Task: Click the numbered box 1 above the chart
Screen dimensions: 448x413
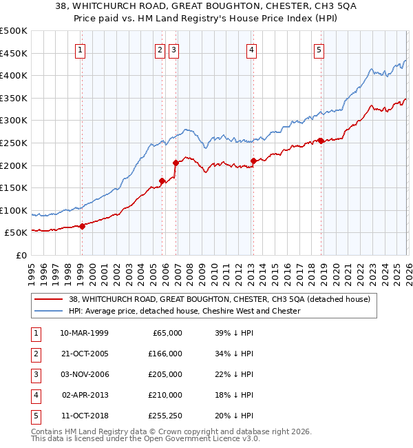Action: tap(81, 50)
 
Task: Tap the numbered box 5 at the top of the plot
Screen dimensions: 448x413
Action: tap(319, 50)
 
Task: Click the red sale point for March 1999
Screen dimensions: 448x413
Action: tap(82, 226)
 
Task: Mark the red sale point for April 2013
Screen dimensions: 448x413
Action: tap(253, 161)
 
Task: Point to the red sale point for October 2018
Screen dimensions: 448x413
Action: tap(321, 141)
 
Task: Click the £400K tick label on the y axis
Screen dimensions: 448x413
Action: tap(14, 76)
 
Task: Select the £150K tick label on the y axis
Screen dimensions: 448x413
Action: tap(14, 187)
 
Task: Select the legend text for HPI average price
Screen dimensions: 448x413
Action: tap(184, 311)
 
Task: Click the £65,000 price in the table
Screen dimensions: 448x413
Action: tap(166, 333)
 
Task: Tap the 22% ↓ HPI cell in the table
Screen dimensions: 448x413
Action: tap(234, 374)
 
